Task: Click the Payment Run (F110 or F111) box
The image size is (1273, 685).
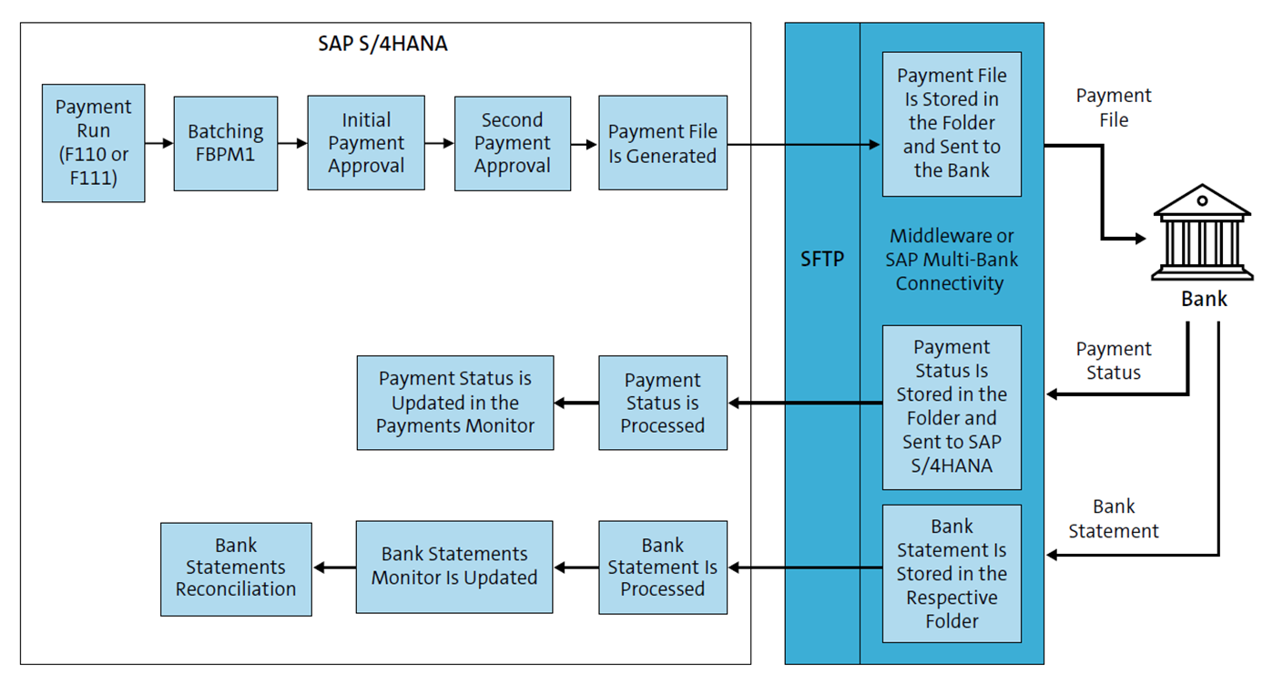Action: pos(93,143)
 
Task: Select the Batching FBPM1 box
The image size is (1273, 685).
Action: pos(225,143)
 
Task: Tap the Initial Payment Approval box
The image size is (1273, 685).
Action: pos(366,143)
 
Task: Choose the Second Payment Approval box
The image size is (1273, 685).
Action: pos(512,143)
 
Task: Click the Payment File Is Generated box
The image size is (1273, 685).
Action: pos(662,143)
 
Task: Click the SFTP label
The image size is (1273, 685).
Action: pos(821,260)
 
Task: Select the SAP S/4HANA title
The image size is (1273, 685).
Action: pos(382,43)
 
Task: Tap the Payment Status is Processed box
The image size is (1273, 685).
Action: pos(662,403)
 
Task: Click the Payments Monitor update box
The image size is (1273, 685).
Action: pos(454,403)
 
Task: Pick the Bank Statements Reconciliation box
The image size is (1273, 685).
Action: pos(236,567)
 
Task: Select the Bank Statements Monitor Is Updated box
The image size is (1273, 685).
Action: pos(453,567)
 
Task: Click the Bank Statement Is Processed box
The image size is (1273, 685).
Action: pos(662,567)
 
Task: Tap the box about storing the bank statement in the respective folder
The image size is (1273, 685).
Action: pos(952,574)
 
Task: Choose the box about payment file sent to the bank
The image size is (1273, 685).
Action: pos(952,123)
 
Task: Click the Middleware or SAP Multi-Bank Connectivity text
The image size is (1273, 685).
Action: pos(951,260)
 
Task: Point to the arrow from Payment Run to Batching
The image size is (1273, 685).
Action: pos(159,143)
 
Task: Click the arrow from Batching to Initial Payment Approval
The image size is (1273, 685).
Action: pos(292,143)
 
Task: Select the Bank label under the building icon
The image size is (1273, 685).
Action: pos(1204,299)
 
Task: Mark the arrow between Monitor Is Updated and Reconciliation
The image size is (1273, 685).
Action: pos(334,567)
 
